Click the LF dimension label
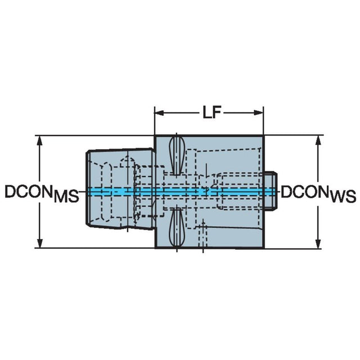[x=211, y=112]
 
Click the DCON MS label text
[x=42, y=193]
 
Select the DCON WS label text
[x=319, y=193]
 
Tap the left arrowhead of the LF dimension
[x=159, y=112]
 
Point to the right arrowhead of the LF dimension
[x=259, y=112]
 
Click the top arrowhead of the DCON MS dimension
[x=40, y=140]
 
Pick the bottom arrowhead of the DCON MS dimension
[x=40, y=244]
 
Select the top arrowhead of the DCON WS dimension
[x=318, y=140]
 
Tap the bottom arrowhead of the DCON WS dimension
[x=318, y=244]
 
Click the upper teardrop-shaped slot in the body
[x=176, y=155]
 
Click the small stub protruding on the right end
[x=271, y=191]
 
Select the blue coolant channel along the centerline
[x=181, y=191]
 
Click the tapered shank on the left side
[x=120, y=189]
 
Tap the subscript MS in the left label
[x=66, y=197]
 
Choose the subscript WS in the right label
[x=344, y=197]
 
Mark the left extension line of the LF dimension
[x=155, y=120]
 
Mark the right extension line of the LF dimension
[x=263, y=120]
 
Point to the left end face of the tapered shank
[x=88, y=188]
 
